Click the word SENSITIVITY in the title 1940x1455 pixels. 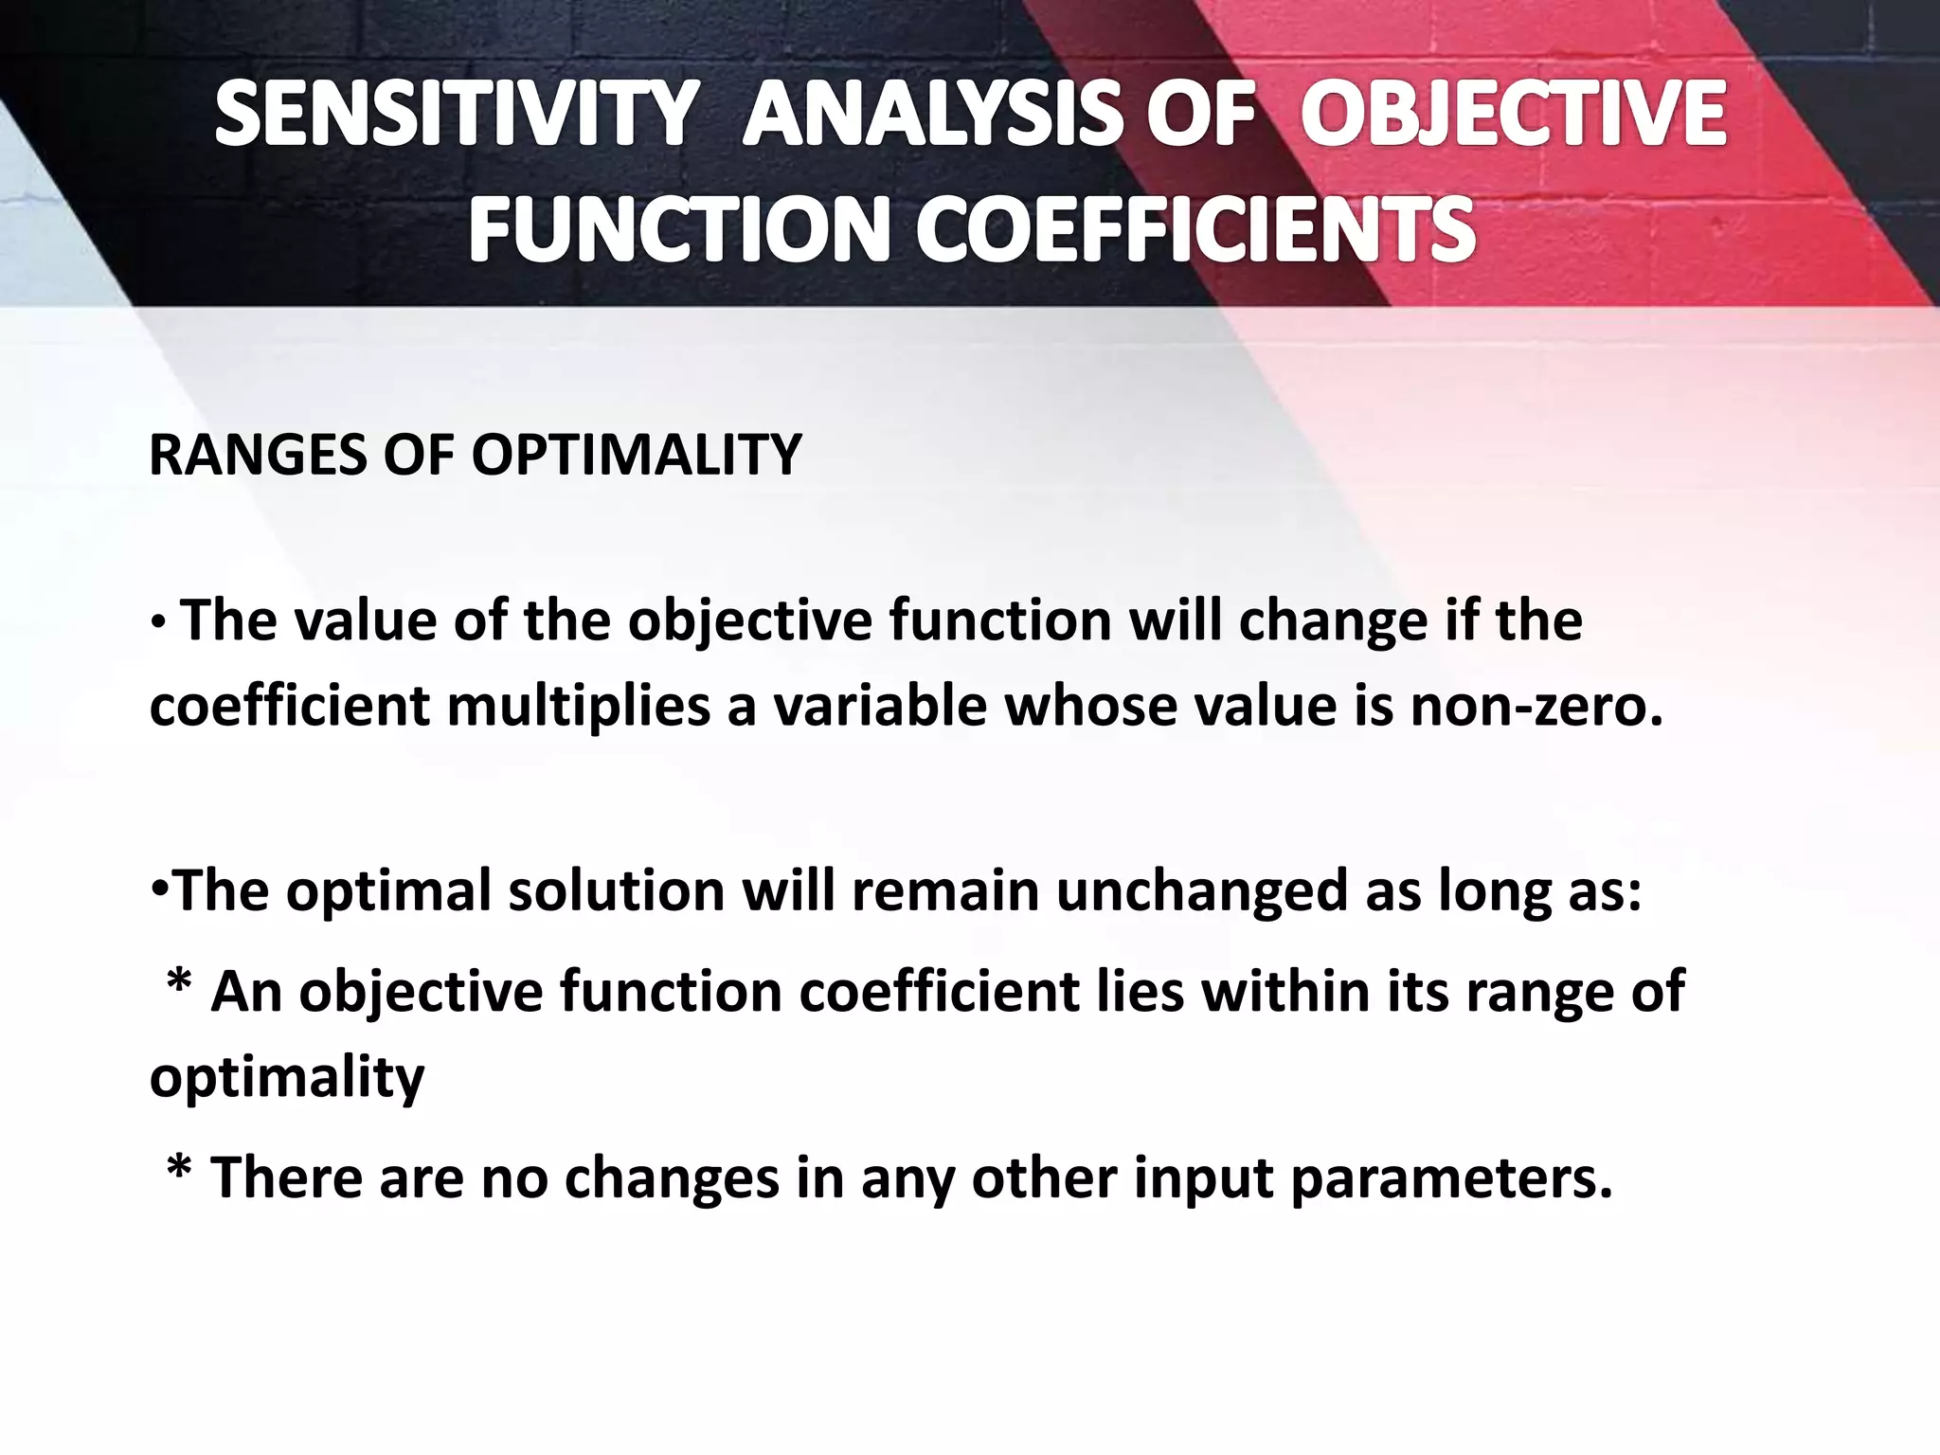point(455,115)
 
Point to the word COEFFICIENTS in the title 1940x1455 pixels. point(1195,232)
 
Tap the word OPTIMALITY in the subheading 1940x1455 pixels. point(637,455)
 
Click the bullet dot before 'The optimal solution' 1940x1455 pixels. point(158,891)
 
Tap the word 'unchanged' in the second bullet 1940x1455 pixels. point(1201,891)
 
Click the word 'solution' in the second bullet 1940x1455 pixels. point(615,891)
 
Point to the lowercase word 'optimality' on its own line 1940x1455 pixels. point(287,1077)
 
